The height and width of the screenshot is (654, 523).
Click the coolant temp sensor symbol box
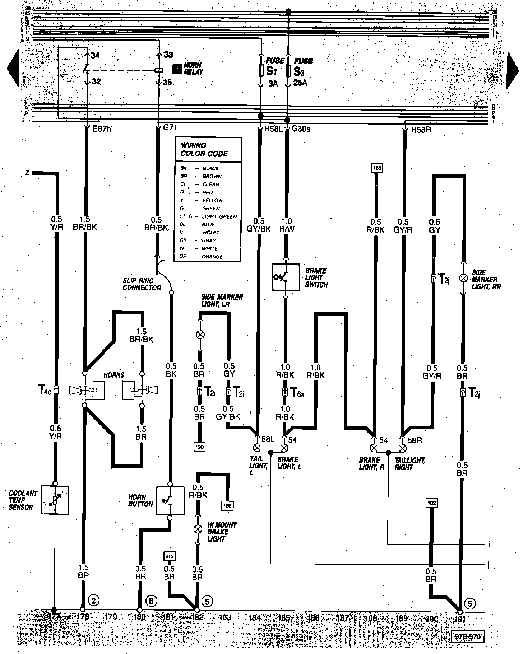coord(55,500)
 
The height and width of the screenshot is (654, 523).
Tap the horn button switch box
coord(171,500)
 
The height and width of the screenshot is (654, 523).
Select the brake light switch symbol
coord(286,277)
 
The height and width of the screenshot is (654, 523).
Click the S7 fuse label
coord(270,71)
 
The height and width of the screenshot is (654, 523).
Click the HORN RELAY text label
coord(193,68)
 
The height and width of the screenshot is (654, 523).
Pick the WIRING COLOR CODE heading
coord(204,149)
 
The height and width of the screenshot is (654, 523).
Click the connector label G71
coord(170,127)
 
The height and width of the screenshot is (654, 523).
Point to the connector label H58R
coord(421,130)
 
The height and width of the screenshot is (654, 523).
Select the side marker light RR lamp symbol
coord(463,278)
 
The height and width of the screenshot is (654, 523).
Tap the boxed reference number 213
coord(170,556)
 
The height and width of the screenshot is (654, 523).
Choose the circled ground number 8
coord(151,601)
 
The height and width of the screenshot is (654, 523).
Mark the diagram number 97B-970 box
coord(467,637)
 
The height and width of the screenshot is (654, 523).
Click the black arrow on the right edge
coord(514,70)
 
